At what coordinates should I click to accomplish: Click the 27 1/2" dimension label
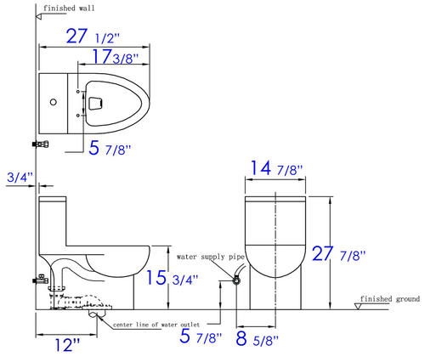click(x=93, y=37)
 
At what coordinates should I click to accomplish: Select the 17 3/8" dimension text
click(x=116, y=56)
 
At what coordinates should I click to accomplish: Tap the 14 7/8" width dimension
click(x=277, y=168)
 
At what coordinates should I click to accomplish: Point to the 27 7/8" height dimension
click(x=338, y=254)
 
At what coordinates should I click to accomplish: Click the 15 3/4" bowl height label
click(x=172, y=278)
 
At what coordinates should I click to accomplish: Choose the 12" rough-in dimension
click(x=67, y=345)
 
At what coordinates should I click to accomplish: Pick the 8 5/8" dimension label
click(x=258, y=339)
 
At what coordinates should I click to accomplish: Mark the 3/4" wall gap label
click(x=20, y=178)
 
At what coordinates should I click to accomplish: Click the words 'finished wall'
click(x=69, y=8)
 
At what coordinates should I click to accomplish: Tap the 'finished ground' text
click(x=390, y=299)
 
